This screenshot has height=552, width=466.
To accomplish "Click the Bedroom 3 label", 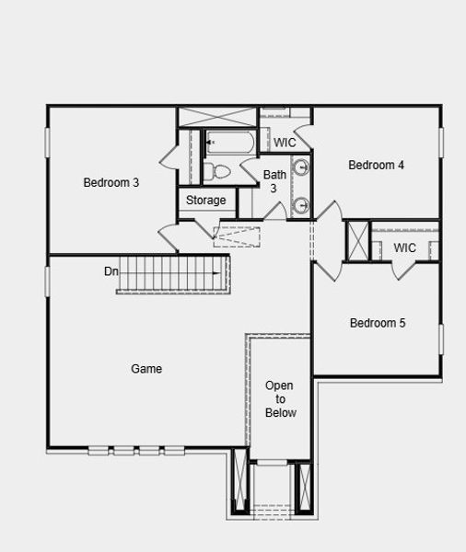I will pyautogui.click(x=111, y=182).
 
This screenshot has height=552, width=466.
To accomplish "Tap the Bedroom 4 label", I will pyautogui.click(x=376, y=166).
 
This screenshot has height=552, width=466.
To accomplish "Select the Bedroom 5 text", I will pyautogui.click(x=377, y=323).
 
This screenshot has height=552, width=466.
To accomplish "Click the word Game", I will pyautogui.click(x=146, y=369).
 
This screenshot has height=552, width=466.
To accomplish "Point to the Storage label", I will pyautogui.click(x=205, y=201).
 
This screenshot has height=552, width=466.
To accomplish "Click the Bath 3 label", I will pyautogui.click(x=274, y=181).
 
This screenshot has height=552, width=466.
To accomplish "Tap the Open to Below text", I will pyautogui.click(x=280, y=399).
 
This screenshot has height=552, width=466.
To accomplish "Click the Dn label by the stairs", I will pyautogui.click(x=111, y=272).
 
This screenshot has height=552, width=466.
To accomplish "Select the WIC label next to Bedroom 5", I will pyautogui.click(x=404, y=248).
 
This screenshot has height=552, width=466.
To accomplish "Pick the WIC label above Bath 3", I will pyautogui.click(x=285, y=144).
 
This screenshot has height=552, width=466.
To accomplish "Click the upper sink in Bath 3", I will pyautogui.click(x=301, y=168).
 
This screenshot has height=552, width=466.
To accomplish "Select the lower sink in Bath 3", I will pyautogui.click(x=301, y=205).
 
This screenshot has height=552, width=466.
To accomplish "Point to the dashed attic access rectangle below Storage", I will pyautogui.click(x=238, y=236).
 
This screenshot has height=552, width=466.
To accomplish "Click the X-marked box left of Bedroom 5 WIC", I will pyautogui.click(x=356, y=240).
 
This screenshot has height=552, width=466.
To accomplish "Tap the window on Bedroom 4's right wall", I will pyautogui.click(x=441, y=143).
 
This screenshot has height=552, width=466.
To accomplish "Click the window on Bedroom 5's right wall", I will pyautogui.click(x=441, y=339).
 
